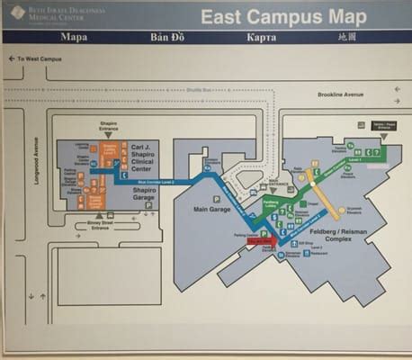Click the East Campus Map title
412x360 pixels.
tap(282, 17)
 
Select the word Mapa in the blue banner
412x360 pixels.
tap(73, 38)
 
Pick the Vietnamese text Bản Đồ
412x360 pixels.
tap(167, 38)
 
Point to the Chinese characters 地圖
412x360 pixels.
tap(347, 38)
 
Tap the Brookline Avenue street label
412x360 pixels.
tap(340, 94)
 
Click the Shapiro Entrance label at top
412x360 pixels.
tap(109, 130)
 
